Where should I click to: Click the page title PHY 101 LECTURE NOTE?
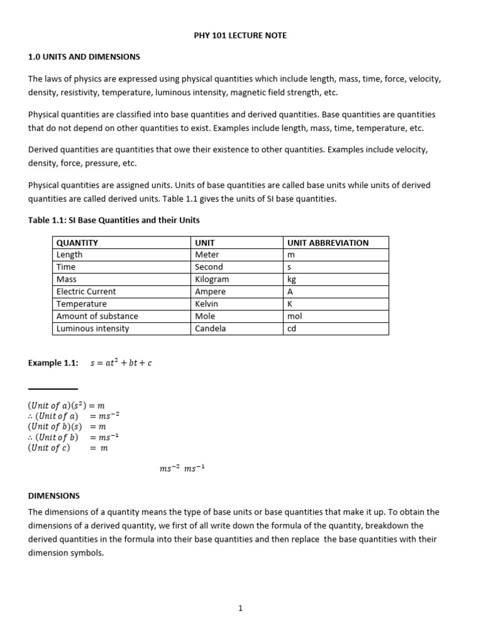point(240,36)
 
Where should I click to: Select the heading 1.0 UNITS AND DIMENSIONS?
point(84,57)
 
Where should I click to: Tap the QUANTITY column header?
point(77,243)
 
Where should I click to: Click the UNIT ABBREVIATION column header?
point(328,243)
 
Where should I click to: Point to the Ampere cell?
point(210,292)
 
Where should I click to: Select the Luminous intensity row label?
point(93,329)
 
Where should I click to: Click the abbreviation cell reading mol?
point(294,316)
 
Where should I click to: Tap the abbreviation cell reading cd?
point(292,329)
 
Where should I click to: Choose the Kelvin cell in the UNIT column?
point(207,304)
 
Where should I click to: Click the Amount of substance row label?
point(97,316)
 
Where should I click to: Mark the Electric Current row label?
point(86,292)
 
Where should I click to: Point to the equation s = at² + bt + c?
point(121,363)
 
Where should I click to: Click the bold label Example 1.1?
point(53,363)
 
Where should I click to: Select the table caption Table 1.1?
point(114,220)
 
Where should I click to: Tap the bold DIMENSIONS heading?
point(54,495)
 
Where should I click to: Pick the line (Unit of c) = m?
point(68,448)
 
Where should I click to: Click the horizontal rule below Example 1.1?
point(53,389)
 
